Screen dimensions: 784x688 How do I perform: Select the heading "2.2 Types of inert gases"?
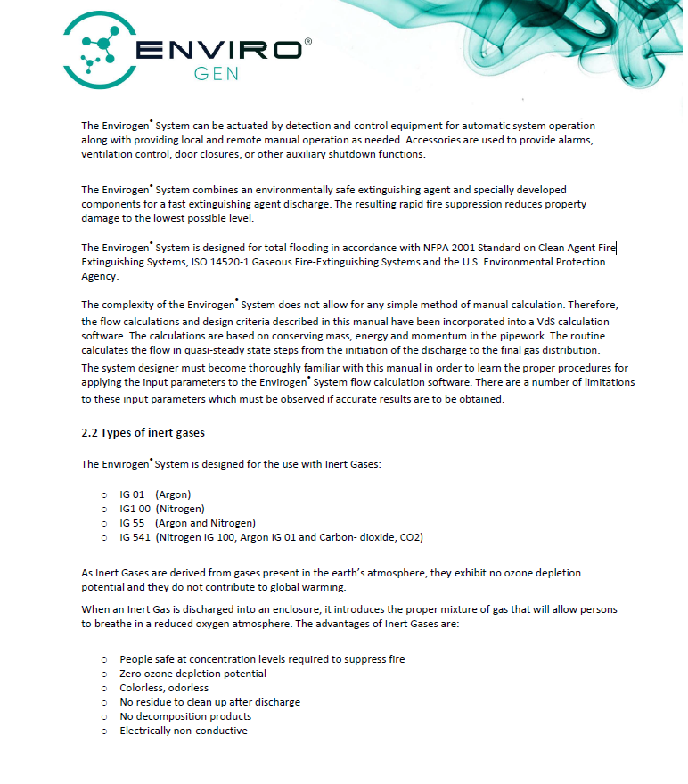coord(143,433)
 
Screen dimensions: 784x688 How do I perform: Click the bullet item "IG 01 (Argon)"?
coord(155,494)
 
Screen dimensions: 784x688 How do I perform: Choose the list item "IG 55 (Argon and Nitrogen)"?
coord(187,523)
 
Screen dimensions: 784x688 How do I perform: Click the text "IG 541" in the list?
coord(135,537)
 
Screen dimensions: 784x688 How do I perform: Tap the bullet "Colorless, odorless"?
coord(164,688)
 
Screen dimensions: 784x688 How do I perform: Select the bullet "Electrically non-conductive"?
coord(184,731)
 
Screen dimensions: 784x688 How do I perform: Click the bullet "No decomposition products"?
coord(185,716)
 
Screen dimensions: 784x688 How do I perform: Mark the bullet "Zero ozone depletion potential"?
coord(192,674)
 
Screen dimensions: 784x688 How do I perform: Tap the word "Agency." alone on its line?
coord(99,276)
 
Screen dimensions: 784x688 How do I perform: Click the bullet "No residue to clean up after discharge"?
coord(209,702)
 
